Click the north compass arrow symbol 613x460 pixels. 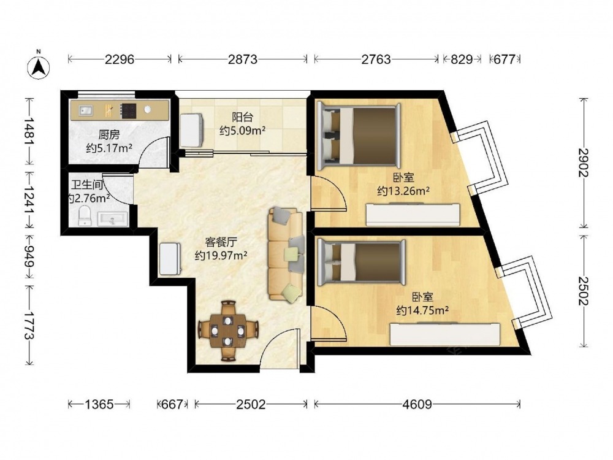pyautogui.click(x=38, y=66)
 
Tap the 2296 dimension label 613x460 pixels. pyautogui.click(x=120, y=59)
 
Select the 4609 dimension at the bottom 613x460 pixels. pyautogui.click(x=417, y=404)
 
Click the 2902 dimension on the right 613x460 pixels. pyautogui.click(x=584, y=163)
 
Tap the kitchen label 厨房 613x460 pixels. pyautogui.click(x=109, y=135)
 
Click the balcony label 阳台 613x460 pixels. pyautogui.click(x=242, y=117)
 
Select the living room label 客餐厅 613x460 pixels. pyautogui.click(x=221, y=242)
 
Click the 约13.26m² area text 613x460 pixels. pyautogui.click(x=403, y=191)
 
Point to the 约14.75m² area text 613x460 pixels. pyautogui.click(x=422, y=310)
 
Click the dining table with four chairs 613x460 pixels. pyautogui.click(x=228, y=331)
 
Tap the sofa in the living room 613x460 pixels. pyautogui.click(x=286, y=255)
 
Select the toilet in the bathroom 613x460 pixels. pyautogui.click(x=85, y=217)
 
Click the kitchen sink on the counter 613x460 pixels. pyautogui.click(x=86, y=110)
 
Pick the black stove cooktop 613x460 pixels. pyautogui.click(x=128, y=110)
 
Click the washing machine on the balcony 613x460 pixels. pyautogui.click(x=191, y=130)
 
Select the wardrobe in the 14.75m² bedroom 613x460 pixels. pyautogui.click(x=445, y=334)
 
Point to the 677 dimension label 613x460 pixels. pyautogui.click(x=504, y=59)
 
